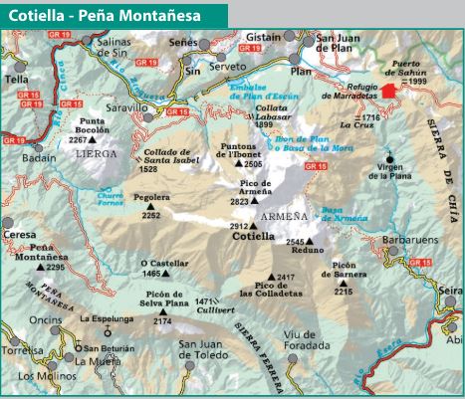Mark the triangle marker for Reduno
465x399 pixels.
[309, 241]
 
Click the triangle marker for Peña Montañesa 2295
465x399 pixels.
[40, 268]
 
